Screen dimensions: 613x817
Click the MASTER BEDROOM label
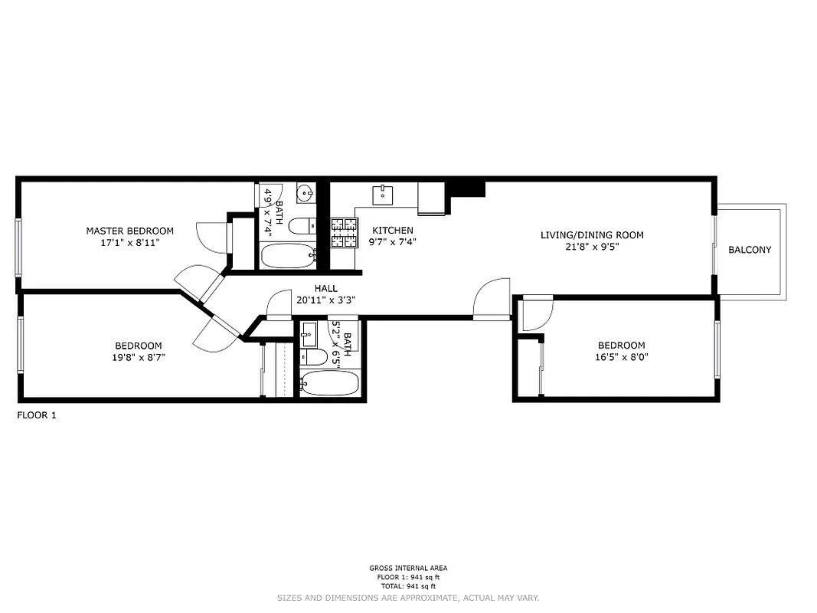coord(129,231)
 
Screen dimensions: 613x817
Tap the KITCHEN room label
coord(393,231)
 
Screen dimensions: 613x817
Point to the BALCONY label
coord(750,250)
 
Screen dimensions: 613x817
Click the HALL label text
coord(325,289)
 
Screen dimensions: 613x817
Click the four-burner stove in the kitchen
coord(345,232)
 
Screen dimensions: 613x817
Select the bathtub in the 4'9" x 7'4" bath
coord(288,255)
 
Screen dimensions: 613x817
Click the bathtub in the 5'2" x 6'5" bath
coord(328,382)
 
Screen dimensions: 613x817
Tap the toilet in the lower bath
coord(314,357)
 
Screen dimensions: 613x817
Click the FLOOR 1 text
coord(37,415)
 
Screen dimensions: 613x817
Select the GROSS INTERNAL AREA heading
coord(408,568)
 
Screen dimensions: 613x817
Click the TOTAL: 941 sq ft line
coord(408,586)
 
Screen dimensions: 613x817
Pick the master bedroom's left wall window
coord(19,247)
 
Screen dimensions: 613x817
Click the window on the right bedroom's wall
coord(717,349)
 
